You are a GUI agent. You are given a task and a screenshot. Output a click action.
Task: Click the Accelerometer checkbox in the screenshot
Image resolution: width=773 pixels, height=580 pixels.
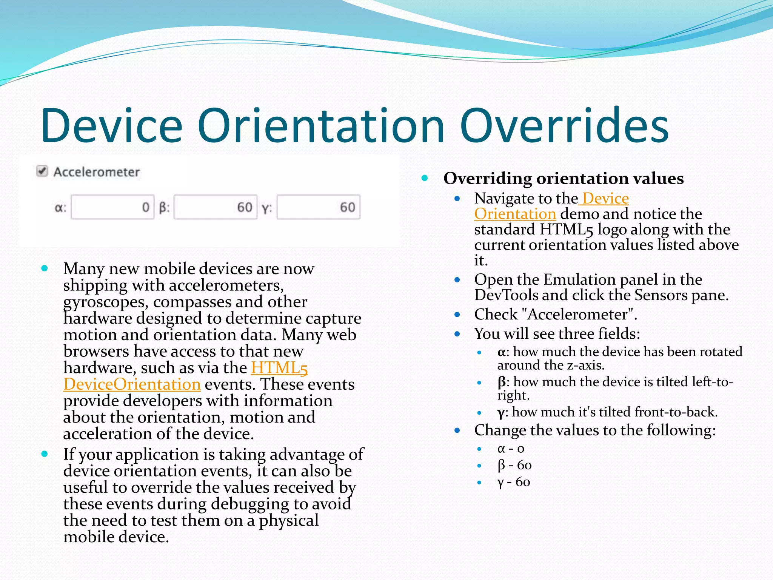(42, 171)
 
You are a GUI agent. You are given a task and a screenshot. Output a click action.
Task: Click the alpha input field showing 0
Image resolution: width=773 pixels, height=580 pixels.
(112, 207)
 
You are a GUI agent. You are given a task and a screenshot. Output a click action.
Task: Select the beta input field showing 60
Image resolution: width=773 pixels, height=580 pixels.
(215, 207)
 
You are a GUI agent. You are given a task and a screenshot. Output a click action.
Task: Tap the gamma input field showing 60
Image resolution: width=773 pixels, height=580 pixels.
(318, 207)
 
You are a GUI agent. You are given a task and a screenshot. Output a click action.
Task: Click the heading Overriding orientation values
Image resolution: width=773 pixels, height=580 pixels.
(563, 178)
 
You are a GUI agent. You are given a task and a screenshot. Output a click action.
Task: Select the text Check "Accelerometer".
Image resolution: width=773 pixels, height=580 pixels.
(555, 314)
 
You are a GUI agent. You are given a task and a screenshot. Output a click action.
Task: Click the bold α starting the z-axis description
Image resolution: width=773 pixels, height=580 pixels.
(501, 352)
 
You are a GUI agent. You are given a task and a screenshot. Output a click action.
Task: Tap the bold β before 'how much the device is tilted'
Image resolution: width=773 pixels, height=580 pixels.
(501, 382)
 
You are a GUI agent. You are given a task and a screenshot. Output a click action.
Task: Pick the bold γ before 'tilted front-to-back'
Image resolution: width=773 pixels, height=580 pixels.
(501, 412)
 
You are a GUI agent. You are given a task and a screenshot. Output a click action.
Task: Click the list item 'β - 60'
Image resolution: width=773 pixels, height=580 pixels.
(514, 465)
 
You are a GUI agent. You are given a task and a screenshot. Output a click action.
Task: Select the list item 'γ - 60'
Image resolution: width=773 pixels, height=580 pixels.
(513, 482)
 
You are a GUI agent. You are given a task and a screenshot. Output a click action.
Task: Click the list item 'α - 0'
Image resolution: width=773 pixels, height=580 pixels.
(511, 449)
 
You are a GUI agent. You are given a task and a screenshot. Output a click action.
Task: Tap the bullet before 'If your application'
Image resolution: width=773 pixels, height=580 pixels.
(45, 454)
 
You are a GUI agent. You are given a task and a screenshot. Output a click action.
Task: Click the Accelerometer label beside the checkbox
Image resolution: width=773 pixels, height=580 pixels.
(97, 172)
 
